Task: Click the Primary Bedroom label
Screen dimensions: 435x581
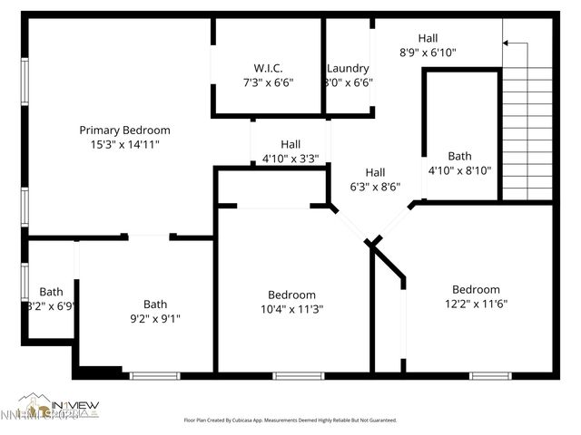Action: coord(124,130)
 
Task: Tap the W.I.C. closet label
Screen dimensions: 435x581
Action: coord(268,68)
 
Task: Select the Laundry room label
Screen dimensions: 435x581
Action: coord(349,68)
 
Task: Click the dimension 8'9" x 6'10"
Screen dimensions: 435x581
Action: coord(428,53)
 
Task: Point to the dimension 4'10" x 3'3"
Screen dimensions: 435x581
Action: coord(290,159)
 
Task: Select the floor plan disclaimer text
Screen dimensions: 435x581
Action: coord(290,420)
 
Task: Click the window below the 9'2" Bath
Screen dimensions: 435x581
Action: coord(155,375)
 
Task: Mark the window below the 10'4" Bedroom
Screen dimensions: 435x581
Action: coord(299,375)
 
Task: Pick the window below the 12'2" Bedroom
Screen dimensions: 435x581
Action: coord(490,375)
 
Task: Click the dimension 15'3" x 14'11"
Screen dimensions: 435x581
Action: coord(124,144)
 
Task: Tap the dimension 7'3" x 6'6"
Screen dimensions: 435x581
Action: coord(268,82)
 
